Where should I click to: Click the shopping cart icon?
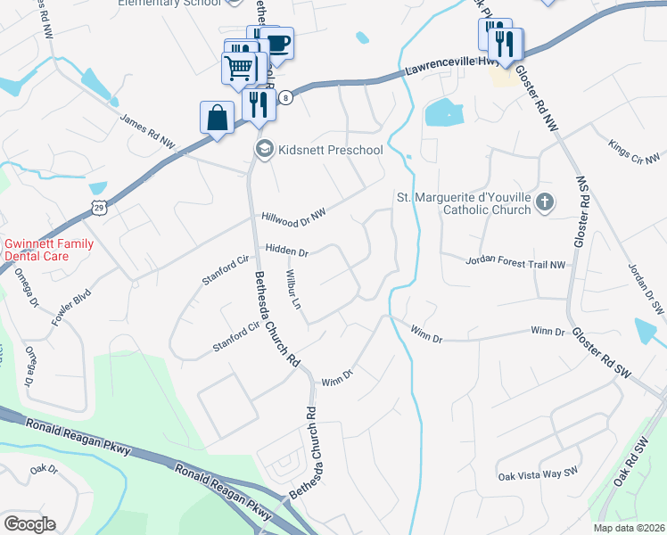(238, 68)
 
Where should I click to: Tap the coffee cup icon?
(278, 44)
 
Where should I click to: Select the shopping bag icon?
(218, 117)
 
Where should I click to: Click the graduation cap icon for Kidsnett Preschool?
(263, 149)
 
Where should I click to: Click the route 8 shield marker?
(284, 97)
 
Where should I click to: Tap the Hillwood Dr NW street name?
(294, 215)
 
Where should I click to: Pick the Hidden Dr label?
(285, 251)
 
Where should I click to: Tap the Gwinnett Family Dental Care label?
(48, 249)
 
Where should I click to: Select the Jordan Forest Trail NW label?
(515, 263)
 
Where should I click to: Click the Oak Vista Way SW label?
(539, 476)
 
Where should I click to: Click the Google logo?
(29, 523)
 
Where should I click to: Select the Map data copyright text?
(629, 528)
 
